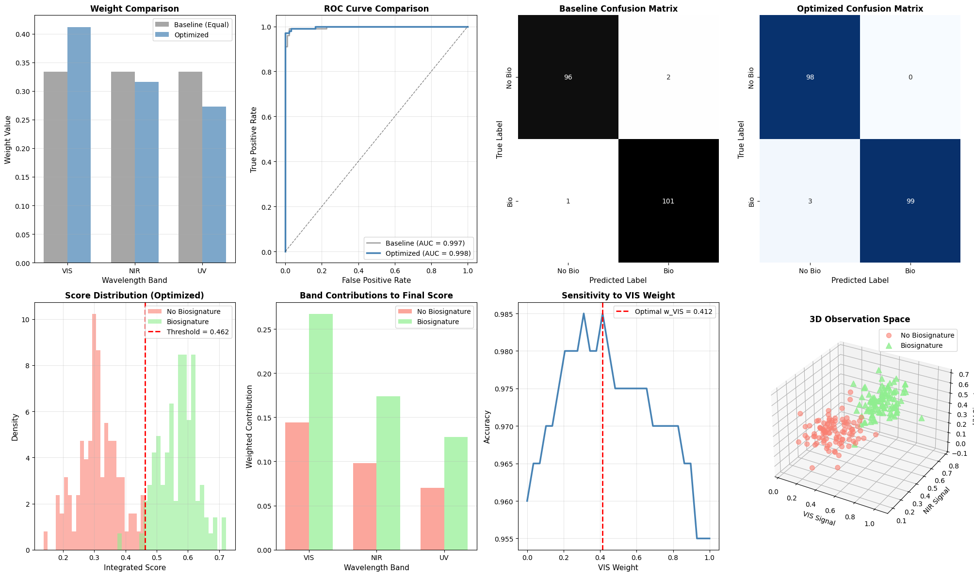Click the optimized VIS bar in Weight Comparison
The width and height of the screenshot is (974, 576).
tap(79, 145)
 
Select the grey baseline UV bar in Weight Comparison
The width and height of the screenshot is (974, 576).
tap(190, 167)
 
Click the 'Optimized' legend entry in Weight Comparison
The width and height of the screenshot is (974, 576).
tap(192, 35)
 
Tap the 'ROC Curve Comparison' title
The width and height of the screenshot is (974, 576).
tap(376, 9)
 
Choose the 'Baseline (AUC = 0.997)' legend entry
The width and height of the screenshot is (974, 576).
tap(425, 243)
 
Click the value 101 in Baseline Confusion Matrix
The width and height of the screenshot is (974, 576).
tap(668, 201)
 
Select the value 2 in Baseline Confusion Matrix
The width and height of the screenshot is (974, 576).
tap(668, 78)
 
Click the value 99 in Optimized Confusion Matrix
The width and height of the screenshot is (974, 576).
tap(910, 201)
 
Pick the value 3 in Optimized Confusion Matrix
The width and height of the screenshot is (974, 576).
tap(810, 201)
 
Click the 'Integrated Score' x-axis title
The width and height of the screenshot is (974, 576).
tap(135, 567)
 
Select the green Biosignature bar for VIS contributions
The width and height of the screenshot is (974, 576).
tap(321, 431)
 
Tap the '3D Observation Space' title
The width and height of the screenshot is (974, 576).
tap(860, 320)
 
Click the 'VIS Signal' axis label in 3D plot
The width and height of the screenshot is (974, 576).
tap(819, 518)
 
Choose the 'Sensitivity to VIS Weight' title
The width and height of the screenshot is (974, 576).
tap(618, 296)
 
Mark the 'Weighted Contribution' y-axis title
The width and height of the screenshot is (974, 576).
tap(249, 426)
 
